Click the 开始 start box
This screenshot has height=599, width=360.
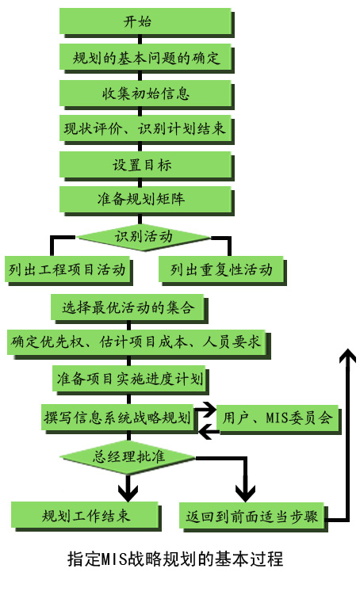coord(146,21)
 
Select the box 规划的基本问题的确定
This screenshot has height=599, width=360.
coord(146,58)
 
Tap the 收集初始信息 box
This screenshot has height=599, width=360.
coord(146,93)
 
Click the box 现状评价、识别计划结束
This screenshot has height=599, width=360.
coord(146,128)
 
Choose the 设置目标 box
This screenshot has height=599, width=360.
coord(146,165)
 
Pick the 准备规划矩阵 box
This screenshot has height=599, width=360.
coord(146,199)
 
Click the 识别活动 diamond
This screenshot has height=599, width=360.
coord(144,237)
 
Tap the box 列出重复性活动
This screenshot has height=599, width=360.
coord(221,269)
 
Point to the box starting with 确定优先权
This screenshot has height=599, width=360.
coord(137,342)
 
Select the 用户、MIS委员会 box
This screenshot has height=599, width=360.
coord(278,418)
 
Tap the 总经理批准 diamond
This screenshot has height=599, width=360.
coord(128,457)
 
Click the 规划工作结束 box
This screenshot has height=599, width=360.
coord(85,515)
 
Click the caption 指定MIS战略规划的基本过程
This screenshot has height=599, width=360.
coord(175,559)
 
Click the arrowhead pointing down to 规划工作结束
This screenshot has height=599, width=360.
coord(128,492)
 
